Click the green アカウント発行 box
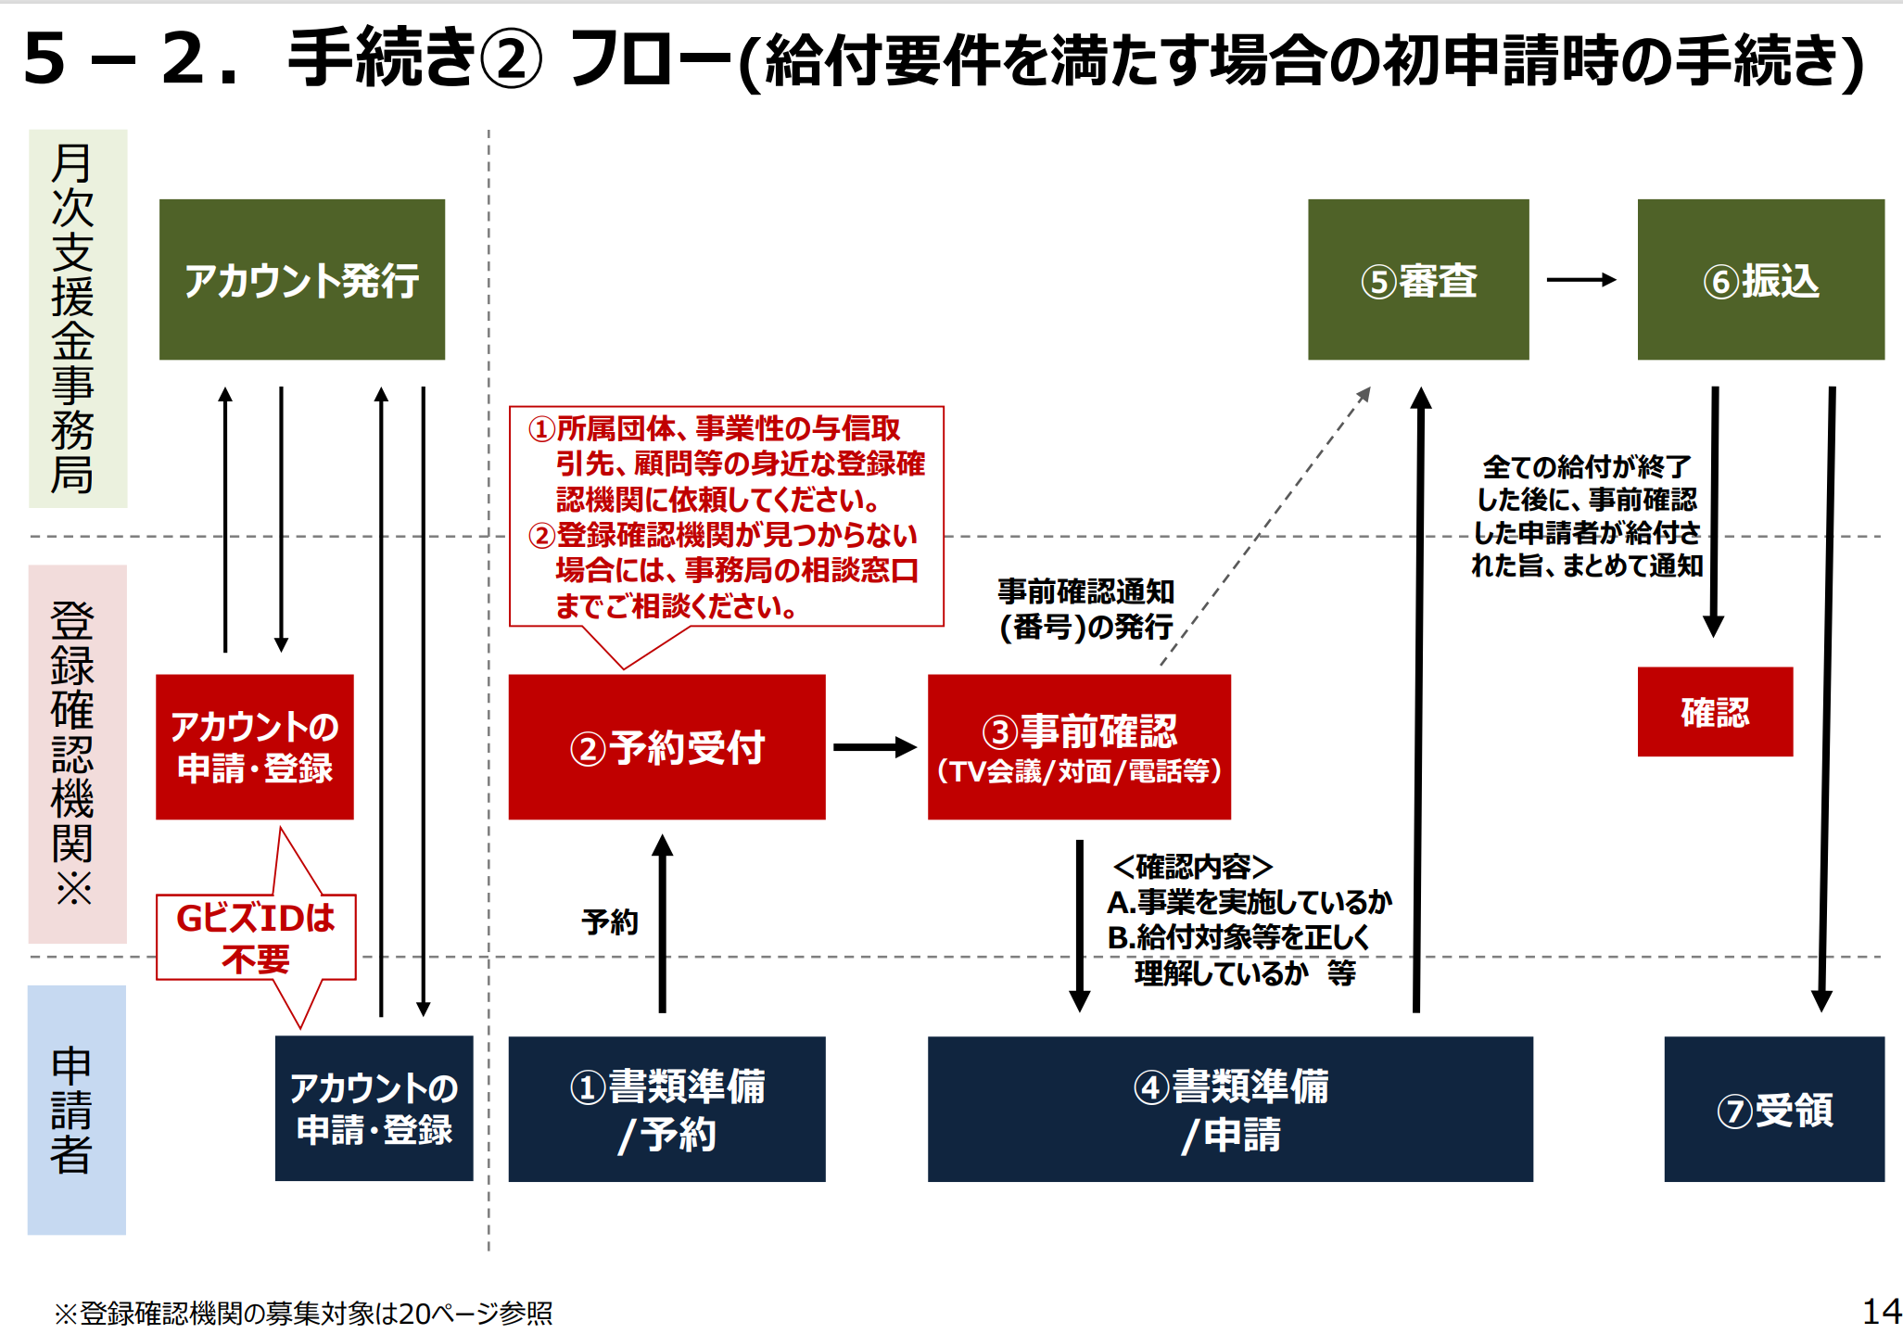302,279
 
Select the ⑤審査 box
1418,279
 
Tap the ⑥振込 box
1760,279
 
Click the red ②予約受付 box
666,747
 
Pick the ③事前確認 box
1079,747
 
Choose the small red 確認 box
1715,712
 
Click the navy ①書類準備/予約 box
666,1109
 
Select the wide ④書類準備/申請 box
1230,1109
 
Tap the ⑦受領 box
1774,1109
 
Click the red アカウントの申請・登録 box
255,747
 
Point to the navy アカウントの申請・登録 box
374,1108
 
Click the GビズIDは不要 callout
256,937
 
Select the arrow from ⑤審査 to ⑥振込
1582,280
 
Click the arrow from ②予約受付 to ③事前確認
875,747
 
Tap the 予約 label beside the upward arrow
610,922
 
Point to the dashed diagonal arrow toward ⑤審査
1266,526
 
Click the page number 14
1882,1311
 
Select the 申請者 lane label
71,1110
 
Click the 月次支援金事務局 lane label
72,318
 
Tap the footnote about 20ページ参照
303,1313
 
